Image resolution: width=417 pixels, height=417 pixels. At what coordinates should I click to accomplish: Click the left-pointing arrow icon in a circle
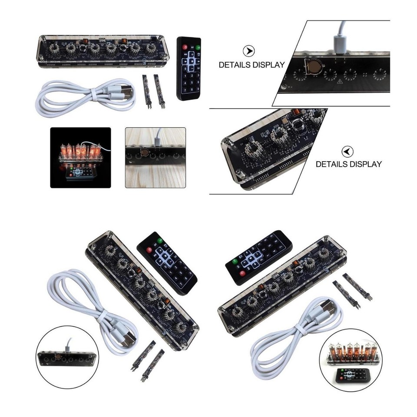347,152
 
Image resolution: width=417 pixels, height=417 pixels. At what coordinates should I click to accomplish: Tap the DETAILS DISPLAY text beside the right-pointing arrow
252,65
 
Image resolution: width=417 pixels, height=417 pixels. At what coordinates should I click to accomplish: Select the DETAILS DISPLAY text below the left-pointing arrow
348,164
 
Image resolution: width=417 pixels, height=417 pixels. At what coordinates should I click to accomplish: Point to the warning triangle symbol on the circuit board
340,81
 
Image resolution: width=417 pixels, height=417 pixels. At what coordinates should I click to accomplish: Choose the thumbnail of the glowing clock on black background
80,157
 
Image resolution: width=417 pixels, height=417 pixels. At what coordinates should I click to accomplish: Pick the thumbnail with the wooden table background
155,157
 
